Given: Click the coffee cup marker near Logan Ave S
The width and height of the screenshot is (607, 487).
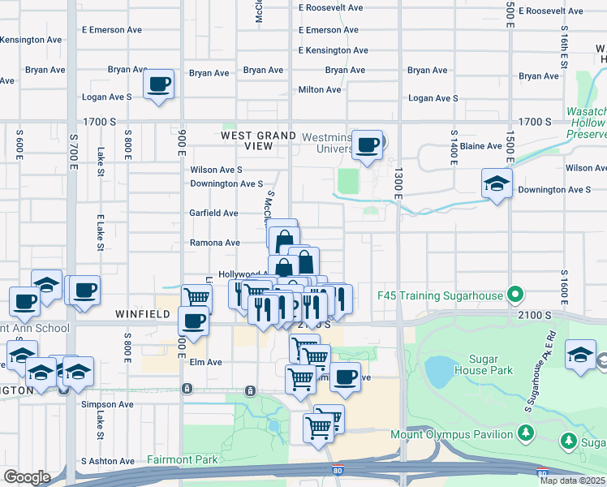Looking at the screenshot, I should (x=159, y=84).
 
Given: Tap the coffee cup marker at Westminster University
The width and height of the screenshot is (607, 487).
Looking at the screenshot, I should (x=368, y=145).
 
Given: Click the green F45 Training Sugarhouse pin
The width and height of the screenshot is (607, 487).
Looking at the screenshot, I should (x=514, y=295).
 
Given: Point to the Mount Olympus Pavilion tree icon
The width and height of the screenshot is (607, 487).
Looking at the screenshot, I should (x=525, y=434).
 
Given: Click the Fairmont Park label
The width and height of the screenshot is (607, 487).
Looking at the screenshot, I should (x=183, y=460).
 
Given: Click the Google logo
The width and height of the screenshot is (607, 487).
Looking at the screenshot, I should (x=27, y=477).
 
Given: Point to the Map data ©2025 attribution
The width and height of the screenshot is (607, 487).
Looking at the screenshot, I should (x=572, y=481).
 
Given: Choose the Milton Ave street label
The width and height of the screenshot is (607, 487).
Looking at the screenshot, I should (x=320, y=89).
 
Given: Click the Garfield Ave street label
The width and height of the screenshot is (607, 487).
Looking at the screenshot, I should (x=213, y=213).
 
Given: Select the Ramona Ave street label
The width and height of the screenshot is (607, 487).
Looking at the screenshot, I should (x=214, y=243).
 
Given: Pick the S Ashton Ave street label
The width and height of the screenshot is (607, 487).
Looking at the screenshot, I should (x=107, y=461).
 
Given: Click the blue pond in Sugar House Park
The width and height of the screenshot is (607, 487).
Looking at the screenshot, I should (x=438, y=371).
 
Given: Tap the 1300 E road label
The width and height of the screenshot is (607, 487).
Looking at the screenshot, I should (x=398, y=183).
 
